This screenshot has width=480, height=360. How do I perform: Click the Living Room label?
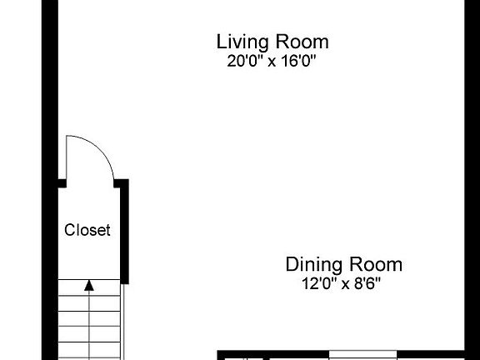tap(272, 42)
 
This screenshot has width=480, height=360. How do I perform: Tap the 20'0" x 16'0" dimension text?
tap(272, 61)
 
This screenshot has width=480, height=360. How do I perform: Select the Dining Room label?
tap(343, 265)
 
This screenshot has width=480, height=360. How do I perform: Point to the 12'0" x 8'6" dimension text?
tap(343, 283)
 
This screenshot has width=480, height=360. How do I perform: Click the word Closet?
tap(87, 231)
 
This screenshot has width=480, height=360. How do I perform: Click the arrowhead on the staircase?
tap(89, 285)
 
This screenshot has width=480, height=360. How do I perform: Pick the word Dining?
tap(312, 265)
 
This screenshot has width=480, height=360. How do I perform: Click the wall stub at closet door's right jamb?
tap(121, 182)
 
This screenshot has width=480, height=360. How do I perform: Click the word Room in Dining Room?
tap(376, 265)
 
